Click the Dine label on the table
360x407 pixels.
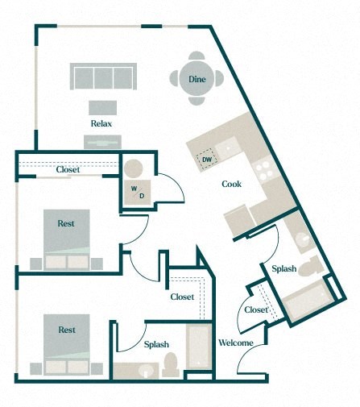click(197, 79)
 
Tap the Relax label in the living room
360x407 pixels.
click(101, 123)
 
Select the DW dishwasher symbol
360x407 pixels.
click(207, 160)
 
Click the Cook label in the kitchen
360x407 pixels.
click(232, 184)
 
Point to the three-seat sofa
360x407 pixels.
click(101, 77)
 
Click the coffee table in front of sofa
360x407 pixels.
click(101, 106)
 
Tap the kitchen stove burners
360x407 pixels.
click(262, 167)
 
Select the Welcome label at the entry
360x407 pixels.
click(236, 343)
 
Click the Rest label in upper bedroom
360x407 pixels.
click(67, 223)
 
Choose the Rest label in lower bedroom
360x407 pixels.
click(67, 330)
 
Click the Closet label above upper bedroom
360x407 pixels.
click(67, 169)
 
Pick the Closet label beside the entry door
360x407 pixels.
click(256, 309)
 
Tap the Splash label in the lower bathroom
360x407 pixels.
click(156, 344)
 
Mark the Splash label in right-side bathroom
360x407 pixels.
click(283, 268)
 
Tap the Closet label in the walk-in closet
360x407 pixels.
click(182, 297)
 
